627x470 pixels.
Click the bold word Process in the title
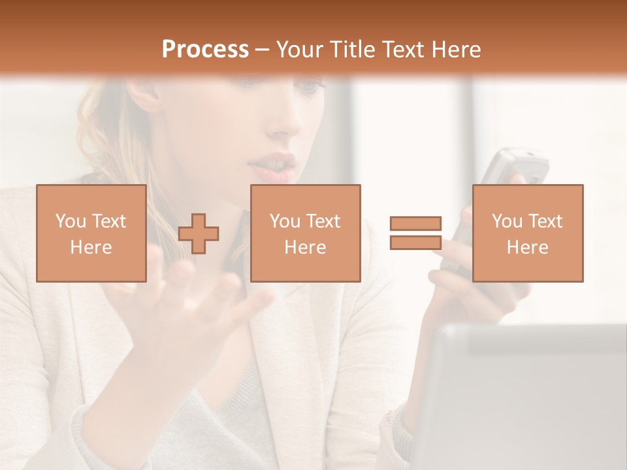point(205,49)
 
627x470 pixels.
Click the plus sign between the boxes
point(199,234)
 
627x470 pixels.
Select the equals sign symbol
point(415,233)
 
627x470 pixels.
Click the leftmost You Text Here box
point(91,234)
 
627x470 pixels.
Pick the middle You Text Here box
point(305,234)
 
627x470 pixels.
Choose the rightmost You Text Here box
point(528,234)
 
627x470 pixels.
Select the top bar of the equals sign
point(415,223)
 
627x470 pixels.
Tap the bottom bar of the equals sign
point(415,242)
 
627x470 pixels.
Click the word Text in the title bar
point(400,49)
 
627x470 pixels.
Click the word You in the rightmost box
point(507,221)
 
